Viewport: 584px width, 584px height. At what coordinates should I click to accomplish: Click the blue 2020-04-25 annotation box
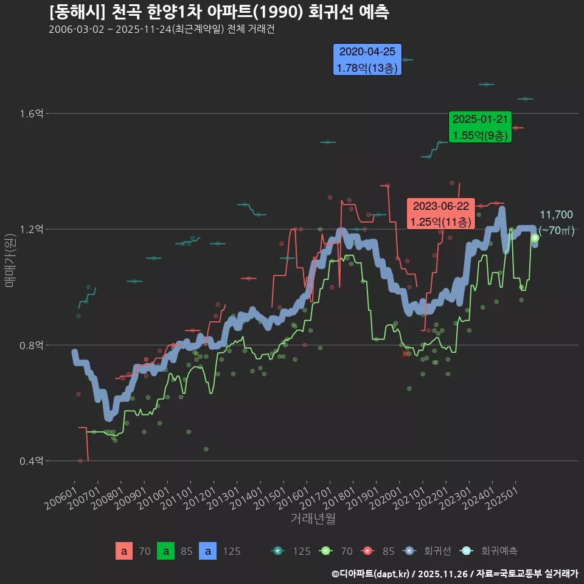click(367, 60)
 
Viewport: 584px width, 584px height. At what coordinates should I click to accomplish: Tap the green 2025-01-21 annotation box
click(480, 127)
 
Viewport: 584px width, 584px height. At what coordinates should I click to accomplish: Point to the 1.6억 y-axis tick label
click(32, 114)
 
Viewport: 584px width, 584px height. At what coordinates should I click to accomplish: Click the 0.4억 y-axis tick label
click(32, 461)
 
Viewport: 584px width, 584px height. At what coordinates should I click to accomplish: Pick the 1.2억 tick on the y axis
click(32, 229)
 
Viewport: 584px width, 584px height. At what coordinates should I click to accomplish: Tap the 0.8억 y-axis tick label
click(32, 346)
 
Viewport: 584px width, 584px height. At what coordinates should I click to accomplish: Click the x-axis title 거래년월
click(313, 519)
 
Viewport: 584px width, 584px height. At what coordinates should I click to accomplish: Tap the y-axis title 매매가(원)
click(10, 260)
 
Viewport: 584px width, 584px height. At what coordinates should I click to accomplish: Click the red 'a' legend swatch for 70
click(124, 551)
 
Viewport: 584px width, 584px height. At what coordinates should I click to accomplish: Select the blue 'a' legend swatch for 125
click(208, 551)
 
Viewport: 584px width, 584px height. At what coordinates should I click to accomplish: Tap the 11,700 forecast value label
click(556, 215)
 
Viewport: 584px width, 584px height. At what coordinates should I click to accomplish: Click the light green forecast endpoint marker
click(535, 238)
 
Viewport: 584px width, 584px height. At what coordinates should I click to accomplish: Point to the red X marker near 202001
click(405, 353)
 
